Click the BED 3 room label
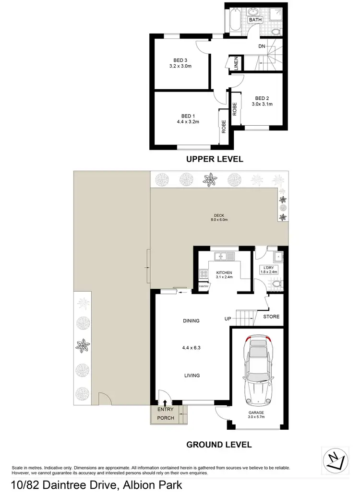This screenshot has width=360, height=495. point(180,60)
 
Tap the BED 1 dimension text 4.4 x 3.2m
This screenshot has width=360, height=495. point(187,122)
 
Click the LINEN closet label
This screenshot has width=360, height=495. point(236,64)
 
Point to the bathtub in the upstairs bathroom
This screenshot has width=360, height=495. point(234,22)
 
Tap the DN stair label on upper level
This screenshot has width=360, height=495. point(262,47)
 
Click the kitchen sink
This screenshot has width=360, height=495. point(224,256)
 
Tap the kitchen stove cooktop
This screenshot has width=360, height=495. point(203,275)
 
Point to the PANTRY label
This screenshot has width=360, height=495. point(204,286)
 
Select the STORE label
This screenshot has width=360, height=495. point(271,317)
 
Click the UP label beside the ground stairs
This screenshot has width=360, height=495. point(228,318)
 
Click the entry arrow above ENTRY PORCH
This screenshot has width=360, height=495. point(166,403)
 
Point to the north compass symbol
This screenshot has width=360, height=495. point(335,460)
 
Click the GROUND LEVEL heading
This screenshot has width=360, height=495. point(219,445)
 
